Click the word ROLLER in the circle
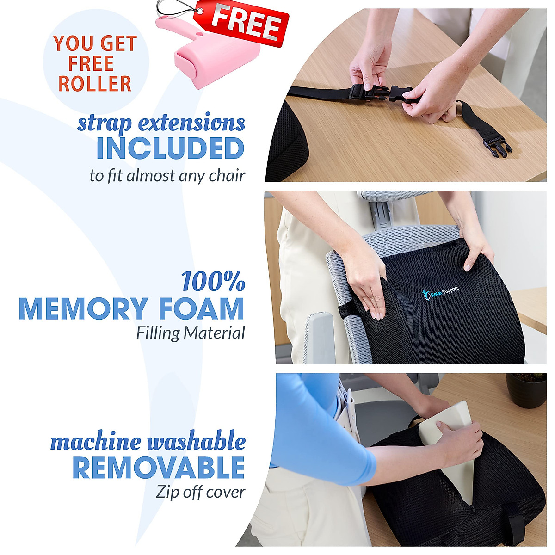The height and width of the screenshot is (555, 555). coord(95,84)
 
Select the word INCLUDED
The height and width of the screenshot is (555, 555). coord(170,148)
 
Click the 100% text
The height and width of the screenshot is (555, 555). coord(213,282)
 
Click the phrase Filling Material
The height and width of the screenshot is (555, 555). coord(190,333)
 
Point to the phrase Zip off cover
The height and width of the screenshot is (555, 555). coord(200,492)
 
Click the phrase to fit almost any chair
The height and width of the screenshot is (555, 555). coord(167,176)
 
